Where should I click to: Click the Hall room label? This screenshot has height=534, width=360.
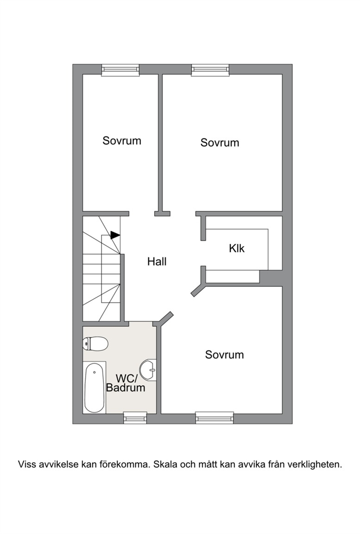(x=157, y=261)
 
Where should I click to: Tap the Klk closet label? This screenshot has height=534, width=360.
(x=236, y=248)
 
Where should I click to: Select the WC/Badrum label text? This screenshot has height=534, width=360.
(x=126, y=383)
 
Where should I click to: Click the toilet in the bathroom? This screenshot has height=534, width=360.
(x=95, y=343)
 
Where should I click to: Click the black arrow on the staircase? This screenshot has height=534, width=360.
(x=115, y=235)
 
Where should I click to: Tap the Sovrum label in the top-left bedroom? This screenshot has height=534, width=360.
(x=122, y=140)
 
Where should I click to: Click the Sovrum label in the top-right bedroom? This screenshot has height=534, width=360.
(x=220, y=142)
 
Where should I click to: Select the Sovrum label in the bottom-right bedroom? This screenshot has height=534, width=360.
(x=224, y=355)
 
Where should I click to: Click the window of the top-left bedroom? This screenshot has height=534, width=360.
(x=121, y=69)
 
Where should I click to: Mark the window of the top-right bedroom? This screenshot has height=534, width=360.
(x=210, y=69)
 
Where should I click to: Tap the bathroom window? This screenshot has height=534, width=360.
(x=135, y=418)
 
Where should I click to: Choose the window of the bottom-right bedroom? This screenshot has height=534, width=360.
(x=215, y=418)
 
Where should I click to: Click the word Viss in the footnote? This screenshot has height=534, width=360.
(x=27, y=464)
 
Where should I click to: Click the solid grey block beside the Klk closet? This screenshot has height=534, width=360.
(x=271, y=277)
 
